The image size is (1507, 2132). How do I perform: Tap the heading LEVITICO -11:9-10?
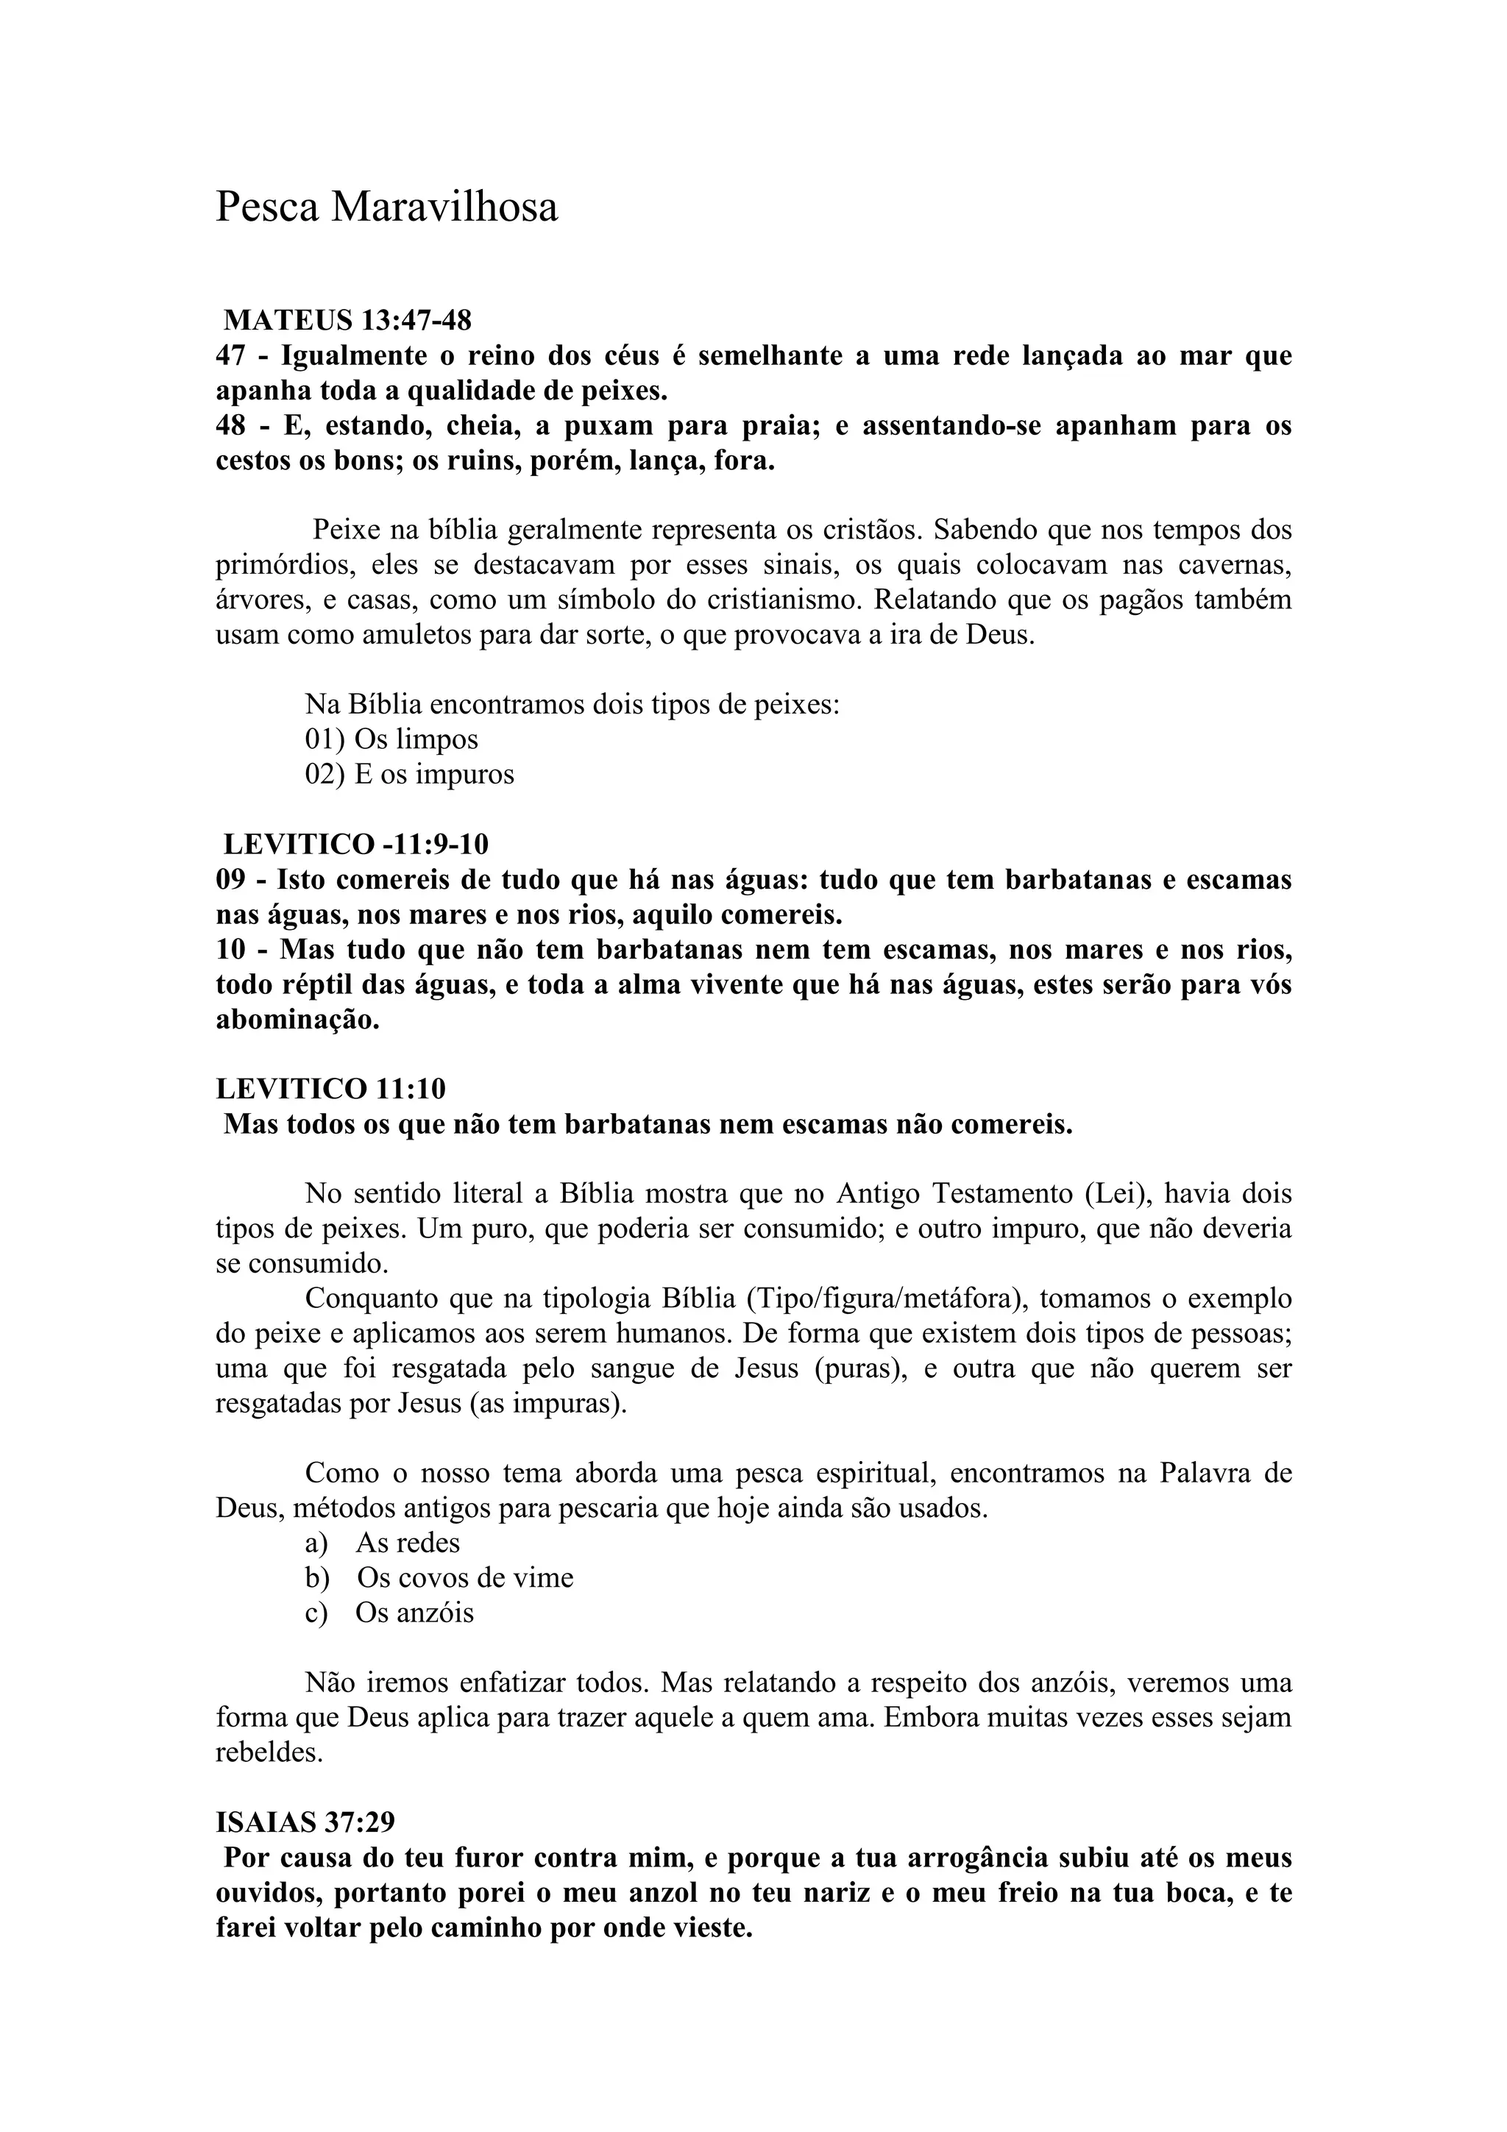pos(355,844)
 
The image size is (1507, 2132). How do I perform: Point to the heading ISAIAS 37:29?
pos(305,1822)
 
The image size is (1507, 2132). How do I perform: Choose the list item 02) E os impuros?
pos(409,775)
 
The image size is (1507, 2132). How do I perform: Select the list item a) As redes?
pos(383,1543)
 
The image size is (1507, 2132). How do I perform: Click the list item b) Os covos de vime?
pos(439,1577)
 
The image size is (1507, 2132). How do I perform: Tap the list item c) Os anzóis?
pos(389,1613)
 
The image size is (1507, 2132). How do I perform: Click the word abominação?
pos(297,1020)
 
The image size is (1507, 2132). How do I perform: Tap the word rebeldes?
pos(269,1753)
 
